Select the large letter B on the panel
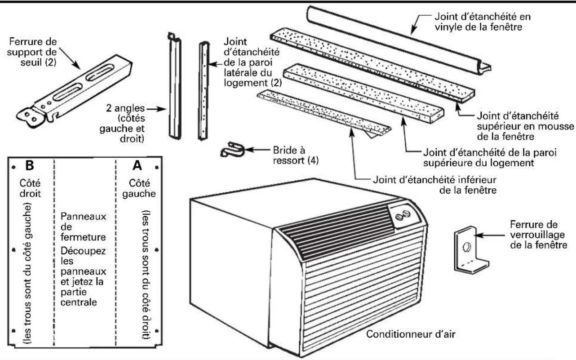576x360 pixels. click(x=30, y=165)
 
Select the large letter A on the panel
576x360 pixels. click(x=137, y=165)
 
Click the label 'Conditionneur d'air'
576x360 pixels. click(x=411, y=334)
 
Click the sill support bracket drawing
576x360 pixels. click(x=74, y=91)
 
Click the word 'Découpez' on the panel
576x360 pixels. click(x=83, y=251)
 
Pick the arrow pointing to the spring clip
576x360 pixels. click(x=257, y=149)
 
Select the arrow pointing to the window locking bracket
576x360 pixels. click(x=490, y=235)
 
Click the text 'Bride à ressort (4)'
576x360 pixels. click(x=296, y=156)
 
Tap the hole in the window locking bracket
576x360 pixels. click(x=466, y=247)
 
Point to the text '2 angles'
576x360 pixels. click(x=125, y=108)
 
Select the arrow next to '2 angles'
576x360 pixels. click(x=156, y=109)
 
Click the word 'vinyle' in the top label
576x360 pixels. click(x=448, y=27)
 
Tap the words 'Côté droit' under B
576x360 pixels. click(x=30, y=188)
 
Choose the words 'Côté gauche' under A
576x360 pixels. click(x=139, y=188)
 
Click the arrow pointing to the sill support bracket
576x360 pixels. click(x=70, y=58)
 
